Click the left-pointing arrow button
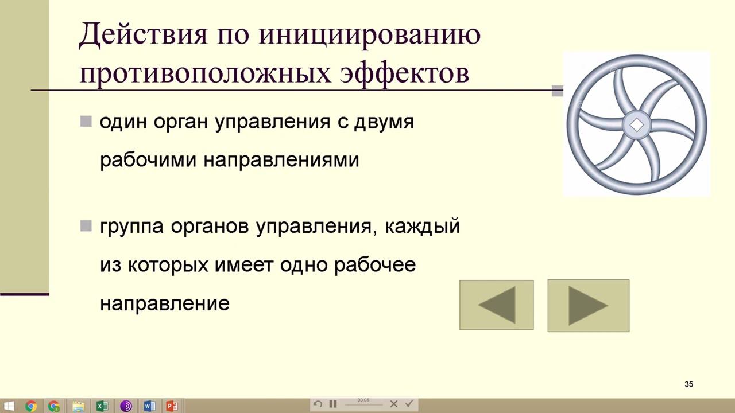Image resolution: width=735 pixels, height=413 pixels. point(497,305)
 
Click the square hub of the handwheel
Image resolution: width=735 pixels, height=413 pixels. point(636,125)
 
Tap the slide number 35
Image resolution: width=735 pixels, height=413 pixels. point(688,384)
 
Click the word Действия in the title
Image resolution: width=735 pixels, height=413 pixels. point(142,36)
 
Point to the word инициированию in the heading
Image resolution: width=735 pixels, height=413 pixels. point(369,36)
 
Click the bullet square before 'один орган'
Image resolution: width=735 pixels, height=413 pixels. point(86,122)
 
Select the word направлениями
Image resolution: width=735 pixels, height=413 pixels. point(281,160)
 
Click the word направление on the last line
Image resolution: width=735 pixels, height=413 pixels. point(165,303)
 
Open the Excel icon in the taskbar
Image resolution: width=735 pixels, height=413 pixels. point(102,406)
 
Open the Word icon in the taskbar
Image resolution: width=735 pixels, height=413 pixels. point(149,406)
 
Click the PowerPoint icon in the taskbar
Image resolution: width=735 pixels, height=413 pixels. point(172,406)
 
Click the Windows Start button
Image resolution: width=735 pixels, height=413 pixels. point(9,406)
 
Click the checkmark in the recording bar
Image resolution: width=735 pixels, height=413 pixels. point(409,404)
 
